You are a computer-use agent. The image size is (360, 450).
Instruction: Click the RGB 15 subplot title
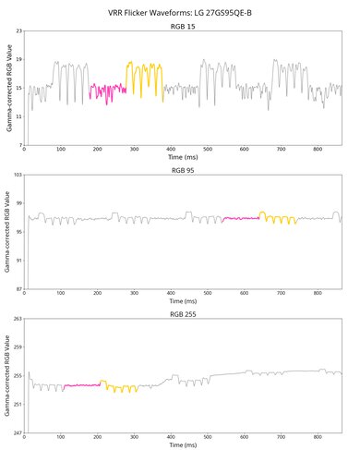pos(184,28)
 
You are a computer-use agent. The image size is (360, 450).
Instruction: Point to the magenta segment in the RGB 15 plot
pos(107,91)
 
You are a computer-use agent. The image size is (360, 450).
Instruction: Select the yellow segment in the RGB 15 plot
pos(145,74)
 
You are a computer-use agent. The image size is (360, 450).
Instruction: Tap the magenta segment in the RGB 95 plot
pos(241,218)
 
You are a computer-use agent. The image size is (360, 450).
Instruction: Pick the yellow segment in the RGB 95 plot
pos(278,219)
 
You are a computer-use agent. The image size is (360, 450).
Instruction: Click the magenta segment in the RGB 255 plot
pos(82,384)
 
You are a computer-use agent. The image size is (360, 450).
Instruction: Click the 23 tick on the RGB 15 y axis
pos(18,32)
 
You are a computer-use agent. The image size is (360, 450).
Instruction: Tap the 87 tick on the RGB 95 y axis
pos(18,289)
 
